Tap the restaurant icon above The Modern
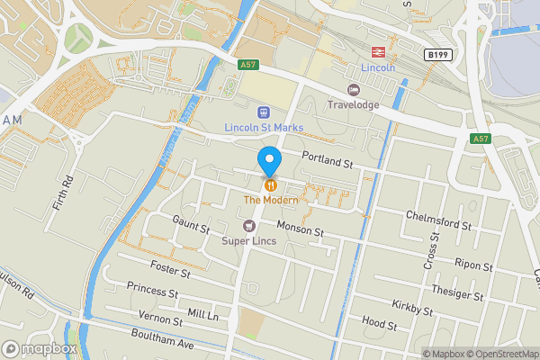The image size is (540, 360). (269, 184)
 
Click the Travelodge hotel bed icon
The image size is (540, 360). (354, 89)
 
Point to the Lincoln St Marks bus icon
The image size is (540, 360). (264, 112)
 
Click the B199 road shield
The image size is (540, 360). (438, 55)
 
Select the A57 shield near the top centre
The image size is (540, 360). (249, 64)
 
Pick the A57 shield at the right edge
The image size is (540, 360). (481, 139)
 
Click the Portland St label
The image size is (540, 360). (326, 161)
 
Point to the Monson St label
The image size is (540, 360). (300, 229)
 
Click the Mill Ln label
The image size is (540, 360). (203, 314)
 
